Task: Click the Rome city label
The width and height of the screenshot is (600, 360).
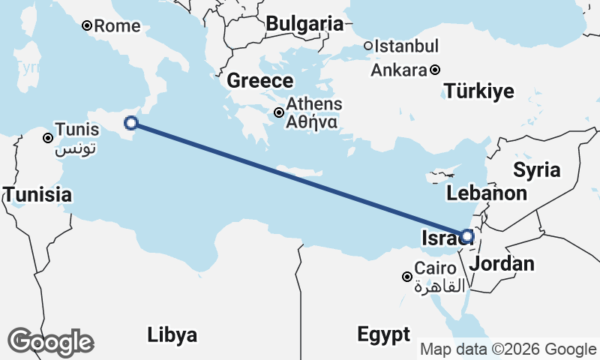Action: pos(118,26)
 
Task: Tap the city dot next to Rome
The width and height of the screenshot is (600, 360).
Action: pos(87,26)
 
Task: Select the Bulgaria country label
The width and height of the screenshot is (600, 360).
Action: pos(304,24)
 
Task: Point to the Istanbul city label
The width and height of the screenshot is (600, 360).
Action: pos(406,46)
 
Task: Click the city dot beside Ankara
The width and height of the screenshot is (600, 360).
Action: pos(435,70)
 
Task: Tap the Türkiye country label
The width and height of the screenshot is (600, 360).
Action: pos(479,92)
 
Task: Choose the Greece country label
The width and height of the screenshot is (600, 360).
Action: pos(259,81)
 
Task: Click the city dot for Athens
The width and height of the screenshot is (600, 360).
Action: pos(279,113)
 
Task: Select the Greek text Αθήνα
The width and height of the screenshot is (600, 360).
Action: pos(313,121)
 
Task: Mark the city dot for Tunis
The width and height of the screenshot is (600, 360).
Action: pos(47,137)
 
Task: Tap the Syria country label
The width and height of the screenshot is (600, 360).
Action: pos(537,170)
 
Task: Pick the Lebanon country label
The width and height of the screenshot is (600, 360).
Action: pos(486,193)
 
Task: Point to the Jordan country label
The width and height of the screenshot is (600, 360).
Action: pos(502,263)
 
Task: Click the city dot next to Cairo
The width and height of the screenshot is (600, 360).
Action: pos(406,277)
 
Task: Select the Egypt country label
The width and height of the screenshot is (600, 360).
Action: pos(383,334)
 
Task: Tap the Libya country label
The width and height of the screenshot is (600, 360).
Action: pos(172,334)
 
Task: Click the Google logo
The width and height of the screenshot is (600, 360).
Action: pos(50,342)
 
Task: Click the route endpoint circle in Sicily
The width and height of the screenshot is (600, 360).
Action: pos(131,123)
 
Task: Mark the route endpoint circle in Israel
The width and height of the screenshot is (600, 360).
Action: pos(466,236)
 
